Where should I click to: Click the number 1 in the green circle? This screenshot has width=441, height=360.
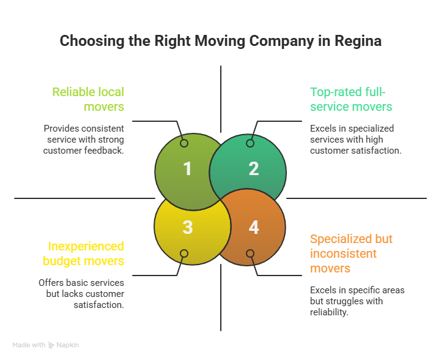[x=187, y=169]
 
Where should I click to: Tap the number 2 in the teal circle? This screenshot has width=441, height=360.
[x=254, y=169]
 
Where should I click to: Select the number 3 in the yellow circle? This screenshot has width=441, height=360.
[x=187, y=227]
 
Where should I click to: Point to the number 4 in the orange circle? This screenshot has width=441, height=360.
[x=254, y=227]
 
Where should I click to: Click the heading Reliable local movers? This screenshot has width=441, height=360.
[x=88, y=99]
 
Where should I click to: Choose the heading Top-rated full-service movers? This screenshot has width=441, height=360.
[x=351, y=99]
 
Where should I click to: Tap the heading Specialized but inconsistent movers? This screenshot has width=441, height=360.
[x=351, y=253]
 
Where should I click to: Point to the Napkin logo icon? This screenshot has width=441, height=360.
[x=51, y=345]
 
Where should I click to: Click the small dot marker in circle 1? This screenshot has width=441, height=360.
[x=184, y=143]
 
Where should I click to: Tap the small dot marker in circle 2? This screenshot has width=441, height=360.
[x=250, y=143]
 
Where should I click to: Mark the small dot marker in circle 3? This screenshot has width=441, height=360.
[x=184, y=253]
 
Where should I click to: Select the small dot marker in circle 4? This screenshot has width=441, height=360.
[x=250, y=253]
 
